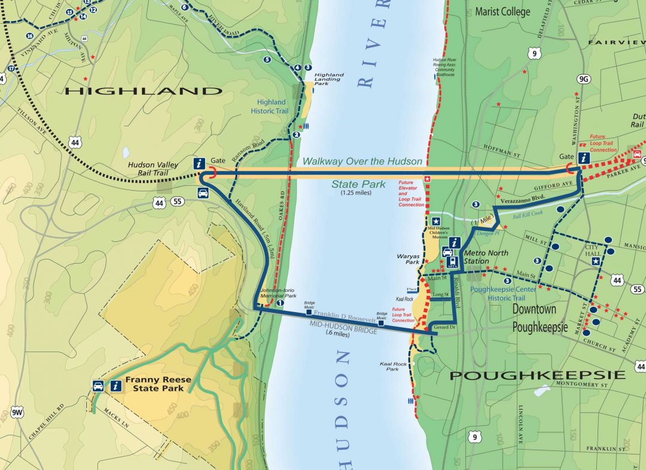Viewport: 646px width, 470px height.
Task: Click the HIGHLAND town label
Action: (143, 91)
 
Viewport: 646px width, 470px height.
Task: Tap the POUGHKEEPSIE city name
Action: (537, 376)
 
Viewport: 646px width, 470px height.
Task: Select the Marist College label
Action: (502, 11)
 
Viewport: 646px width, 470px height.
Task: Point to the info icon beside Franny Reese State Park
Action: (114, 386)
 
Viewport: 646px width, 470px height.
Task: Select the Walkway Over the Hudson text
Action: (362, 161)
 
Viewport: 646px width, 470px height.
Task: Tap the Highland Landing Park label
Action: (329, 79)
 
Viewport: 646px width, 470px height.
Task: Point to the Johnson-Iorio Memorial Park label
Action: (278, 293)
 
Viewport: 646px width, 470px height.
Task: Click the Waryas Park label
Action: (408, 259)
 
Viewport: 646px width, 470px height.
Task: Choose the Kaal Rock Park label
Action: (392, 366)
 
